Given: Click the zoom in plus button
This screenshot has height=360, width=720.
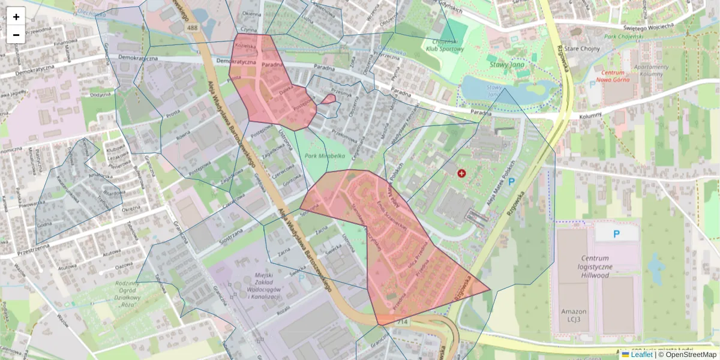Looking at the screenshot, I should (16, 17).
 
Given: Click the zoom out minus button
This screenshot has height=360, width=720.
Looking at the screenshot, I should (16, 35).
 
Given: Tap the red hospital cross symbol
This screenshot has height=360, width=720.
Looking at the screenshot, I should (461, 173).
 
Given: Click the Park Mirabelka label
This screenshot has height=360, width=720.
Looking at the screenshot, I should (325, 155).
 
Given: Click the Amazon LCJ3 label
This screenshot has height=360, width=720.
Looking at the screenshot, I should (574, 316).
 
